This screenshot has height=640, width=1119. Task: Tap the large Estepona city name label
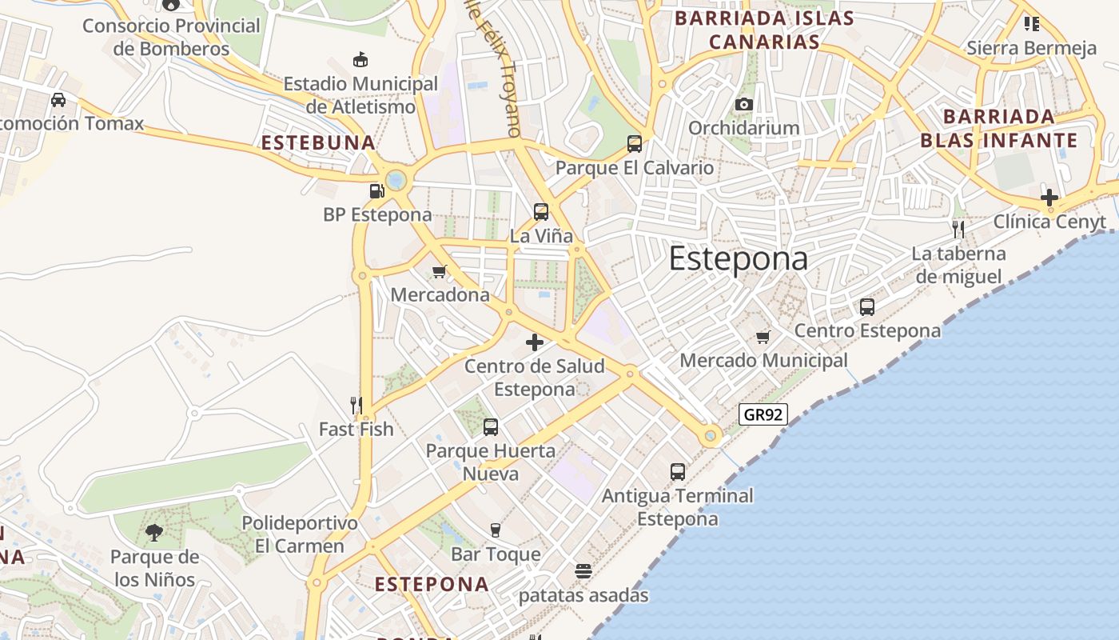[738, 259]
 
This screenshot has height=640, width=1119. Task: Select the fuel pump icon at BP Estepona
[376, 191]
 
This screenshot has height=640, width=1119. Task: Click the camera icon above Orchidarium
[743, 104]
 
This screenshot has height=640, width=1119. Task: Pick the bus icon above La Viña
[541, 212]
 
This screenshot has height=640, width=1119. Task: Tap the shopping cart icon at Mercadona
[439, 272]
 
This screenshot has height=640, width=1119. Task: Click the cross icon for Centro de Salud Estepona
[535, 343]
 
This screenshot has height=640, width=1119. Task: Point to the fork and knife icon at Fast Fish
[356, 406]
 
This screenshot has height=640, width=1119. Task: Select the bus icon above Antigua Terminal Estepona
[678, 472]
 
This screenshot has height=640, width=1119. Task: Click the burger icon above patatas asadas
[583, 571]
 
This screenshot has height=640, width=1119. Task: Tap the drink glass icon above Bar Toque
[496, 530]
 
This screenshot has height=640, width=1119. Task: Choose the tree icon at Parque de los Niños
[154, 533]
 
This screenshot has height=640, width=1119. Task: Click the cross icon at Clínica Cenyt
[1049, 198]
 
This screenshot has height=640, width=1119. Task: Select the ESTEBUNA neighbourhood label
[318, 143]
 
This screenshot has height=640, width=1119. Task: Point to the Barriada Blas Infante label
[998, 129]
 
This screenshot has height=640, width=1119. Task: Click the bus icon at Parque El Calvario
[635, 144]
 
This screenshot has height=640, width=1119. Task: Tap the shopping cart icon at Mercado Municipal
[763, 337]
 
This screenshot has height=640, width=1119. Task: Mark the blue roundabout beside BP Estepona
[396, 180]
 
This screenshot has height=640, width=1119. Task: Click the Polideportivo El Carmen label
[300, 534]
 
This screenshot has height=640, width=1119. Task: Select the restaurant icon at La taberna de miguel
[958, 230]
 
